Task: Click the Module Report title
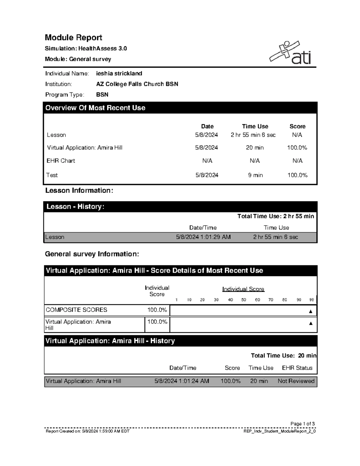click(x=73, y=38)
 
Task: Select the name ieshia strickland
click(x=119, y=74)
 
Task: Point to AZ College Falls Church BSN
click(x=137, y=84)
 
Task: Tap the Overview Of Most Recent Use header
click(x=95, y=108)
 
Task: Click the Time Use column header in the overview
click(x=255, y=126)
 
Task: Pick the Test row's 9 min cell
click(x=255, y=175)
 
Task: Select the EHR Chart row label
click(x=61, y=161)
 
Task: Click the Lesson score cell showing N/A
click(x=297, y=135)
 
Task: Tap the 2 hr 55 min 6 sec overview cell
click(x=253, y=135)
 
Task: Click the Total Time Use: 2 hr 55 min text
click(x=275, y=216)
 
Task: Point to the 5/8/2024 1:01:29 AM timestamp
click(x=203, y=237)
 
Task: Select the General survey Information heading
click(x=92, y=254)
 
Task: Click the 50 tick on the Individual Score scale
click(x=244, y=300)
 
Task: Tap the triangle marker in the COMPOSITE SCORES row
click(x=310, y=311)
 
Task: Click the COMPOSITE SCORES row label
click(x=76, y=310)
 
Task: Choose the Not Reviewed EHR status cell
click(x=296, y=381)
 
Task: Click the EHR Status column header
click(x=297, y=368)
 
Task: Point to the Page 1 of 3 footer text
click(x=302, y=424)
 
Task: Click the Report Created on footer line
click(x=88, y=431)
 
